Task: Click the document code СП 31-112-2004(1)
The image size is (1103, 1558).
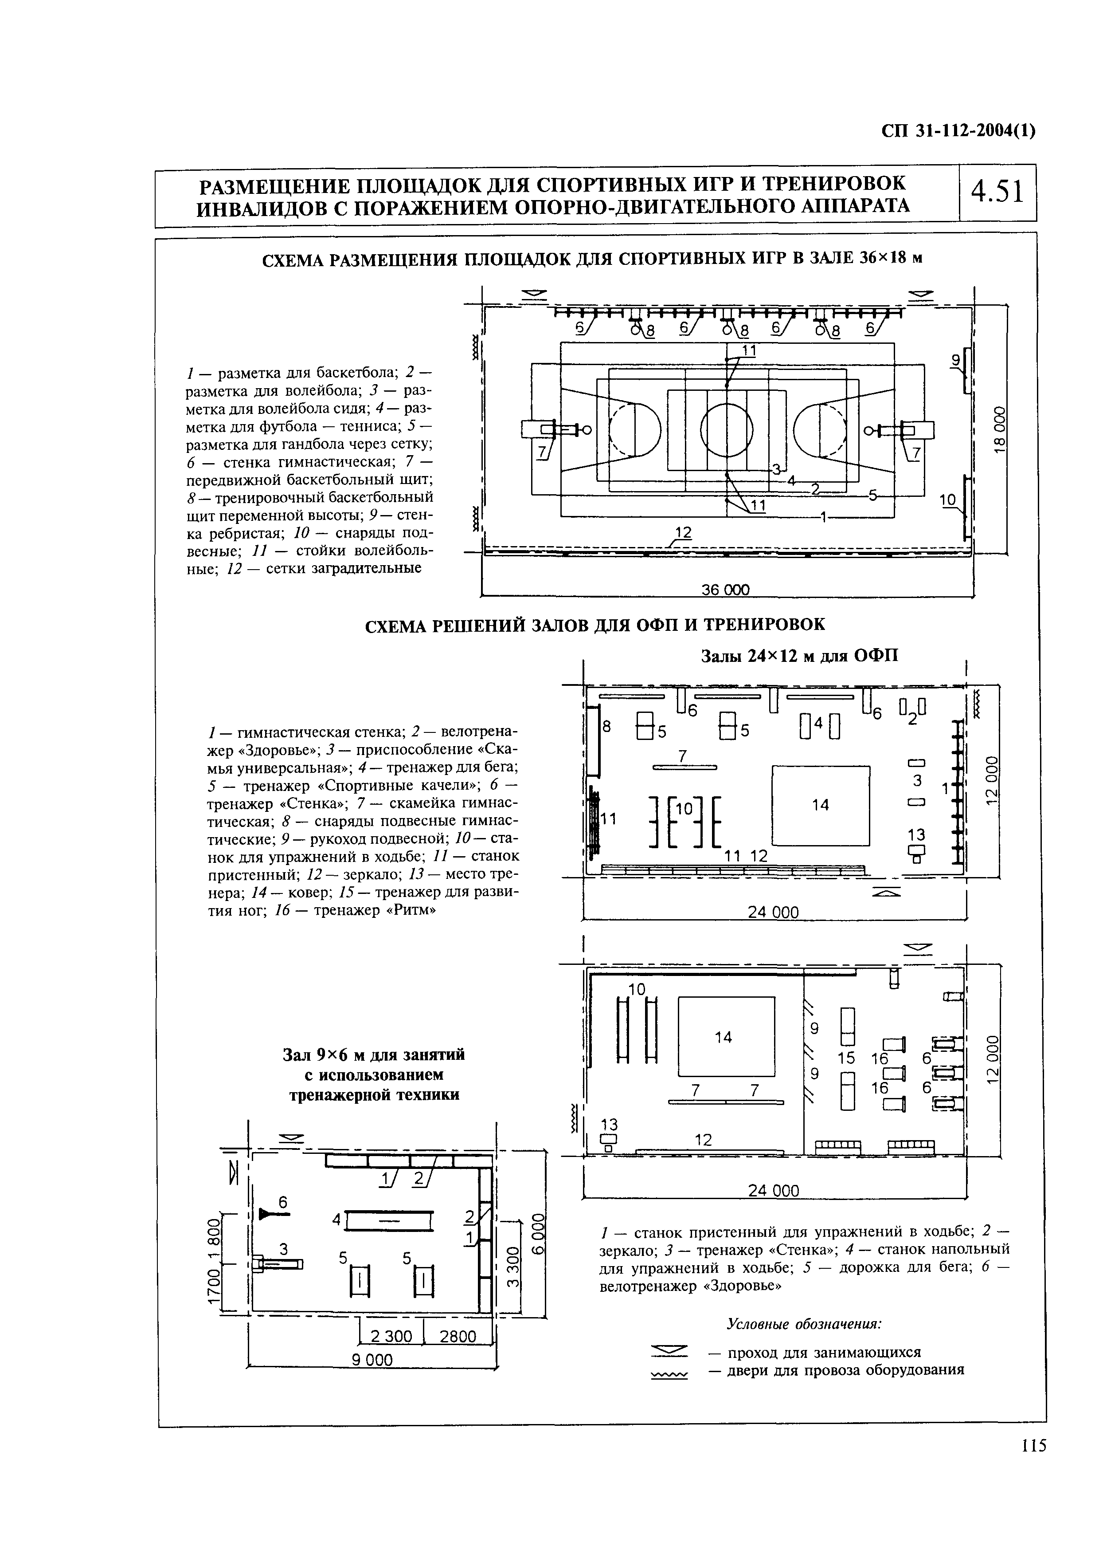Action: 958,131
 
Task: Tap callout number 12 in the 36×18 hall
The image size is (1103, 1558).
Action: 683,533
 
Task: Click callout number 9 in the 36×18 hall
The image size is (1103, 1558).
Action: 956,361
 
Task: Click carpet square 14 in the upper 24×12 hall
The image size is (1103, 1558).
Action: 821,805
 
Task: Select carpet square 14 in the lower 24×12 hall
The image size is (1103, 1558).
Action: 726,1037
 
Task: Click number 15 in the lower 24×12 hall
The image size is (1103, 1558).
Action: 845,1058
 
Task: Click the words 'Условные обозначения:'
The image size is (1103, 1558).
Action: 803,1324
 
